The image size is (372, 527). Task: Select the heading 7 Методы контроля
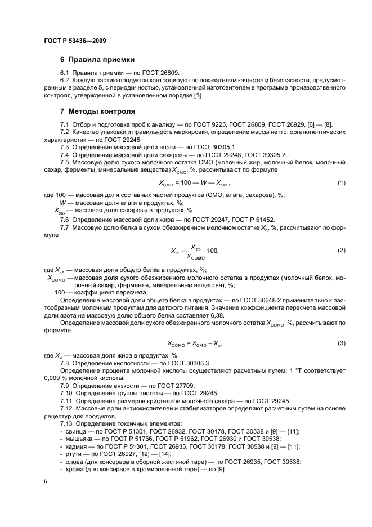pos(97,111)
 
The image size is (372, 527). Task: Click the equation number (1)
pos(341,183)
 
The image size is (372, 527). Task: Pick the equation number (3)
pos(341,343)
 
